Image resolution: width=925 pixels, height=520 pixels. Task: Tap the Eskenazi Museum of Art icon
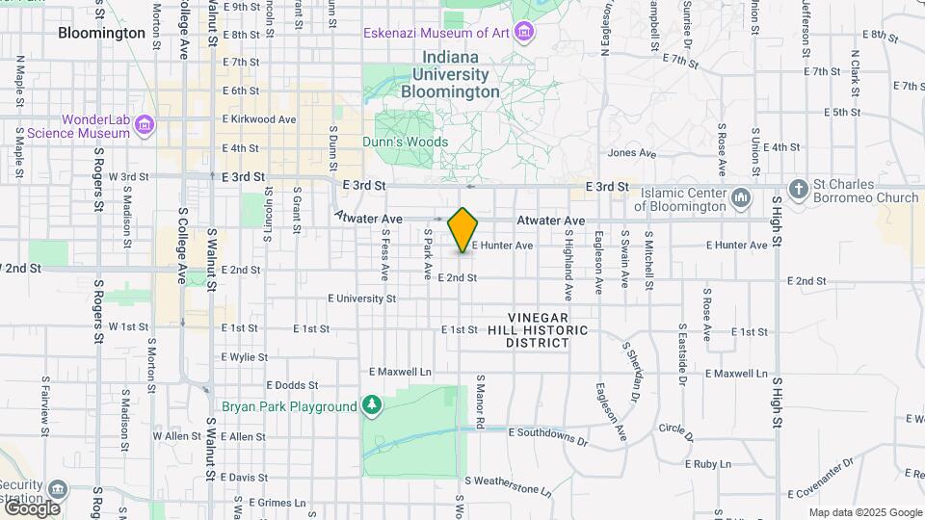(x=524, y=34)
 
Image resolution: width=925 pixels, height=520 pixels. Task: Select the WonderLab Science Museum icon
(x=145, y=124)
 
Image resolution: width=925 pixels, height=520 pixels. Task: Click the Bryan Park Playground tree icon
(x=372, y=405)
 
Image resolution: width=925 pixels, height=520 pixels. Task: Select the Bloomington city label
(x=101, y=33)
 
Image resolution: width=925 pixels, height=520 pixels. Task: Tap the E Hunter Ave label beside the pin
(x=502, y=246)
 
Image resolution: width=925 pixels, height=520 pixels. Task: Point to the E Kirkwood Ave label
(x=259, y=119)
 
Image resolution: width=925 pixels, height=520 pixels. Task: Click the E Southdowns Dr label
(x=547, y=436)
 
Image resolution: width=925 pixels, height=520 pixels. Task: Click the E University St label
(x=361, y=299)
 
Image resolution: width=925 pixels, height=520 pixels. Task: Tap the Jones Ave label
(x=632, y=153)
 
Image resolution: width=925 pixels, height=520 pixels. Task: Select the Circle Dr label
(x=676, y=429)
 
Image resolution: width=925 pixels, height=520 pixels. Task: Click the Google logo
(x=31, y=507)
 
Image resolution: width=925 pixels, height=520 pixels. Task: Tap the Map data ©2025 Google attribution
(x=864, y=512)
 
